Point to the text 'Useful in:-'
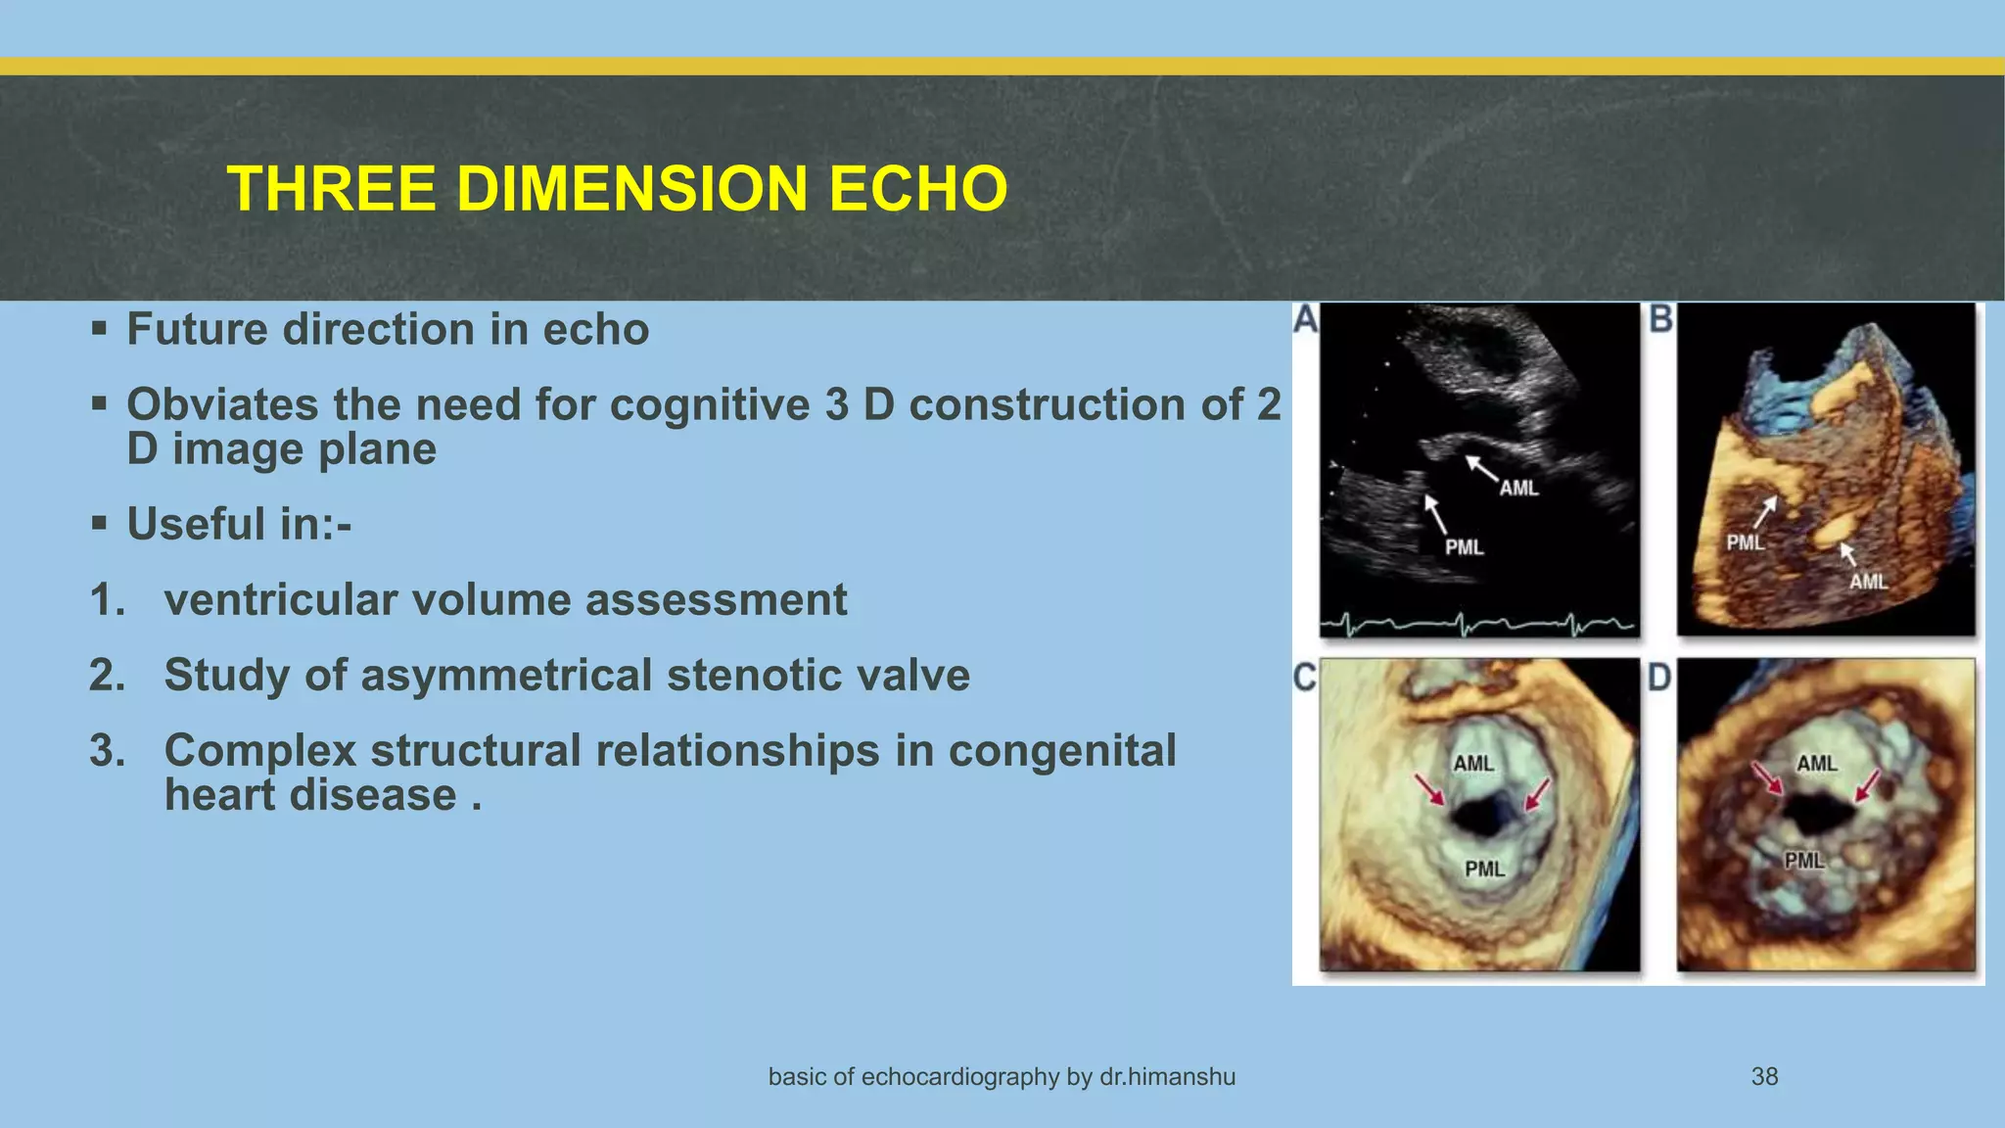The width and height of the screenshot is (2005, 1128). click(x=239, y=524)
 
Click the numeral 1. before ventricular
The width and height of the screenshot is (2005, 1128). click(x=108, y=599)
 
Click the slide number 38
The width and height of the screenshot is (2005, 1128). click(x=1764, y=1076)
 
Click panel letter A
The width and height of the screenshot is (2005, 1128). click(x=1305, y=319)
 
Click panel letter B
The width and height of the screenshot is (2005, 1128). click(x=1661, y=319)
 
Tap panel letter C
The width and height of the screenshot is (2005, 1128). click(x=1305, y=678)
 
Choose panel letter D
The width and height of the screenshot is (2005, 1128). click(x=1659, y=678)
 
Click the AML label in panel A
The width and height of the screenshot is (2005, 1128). click(x=1518, y=488)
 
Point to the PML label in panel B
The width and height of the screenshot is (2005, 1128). click(x=1745, y=541)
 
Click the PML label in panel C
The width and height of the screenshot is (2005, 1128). click(x=1484, y=868)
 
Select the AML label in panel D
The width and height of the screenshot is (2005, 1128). click(x=1817, y=763)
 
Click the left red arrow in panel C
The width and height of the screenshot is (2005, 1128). click(x=1429, y=789)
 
